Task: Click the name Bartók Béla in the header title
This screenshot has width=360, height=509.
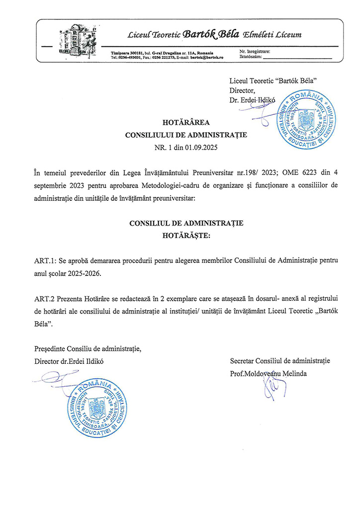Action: point(211,34)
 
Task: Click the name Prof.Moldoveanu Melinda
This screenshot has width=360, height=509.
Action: point(269,373)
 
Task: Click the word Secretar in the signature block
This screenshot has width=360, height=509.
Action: point(243,360)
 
